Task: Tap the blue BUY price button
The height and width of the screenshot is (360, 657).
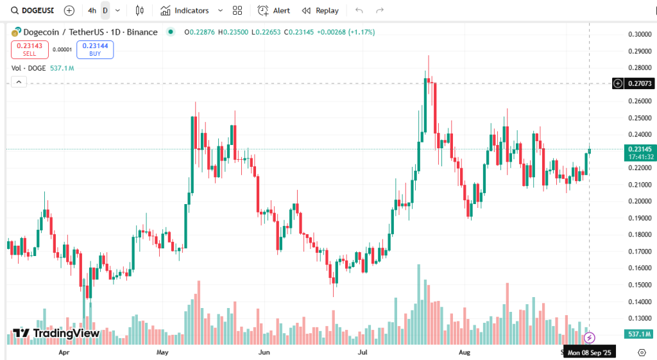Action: tap(95, 49)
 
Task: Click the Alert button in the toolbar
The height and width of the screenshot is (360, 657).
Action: tap(274, 11)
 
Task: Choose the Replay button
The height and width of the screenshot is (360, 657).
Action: tap(320, 11)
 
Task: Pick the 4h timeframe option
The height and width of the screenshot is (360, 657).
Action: tap(92, 11)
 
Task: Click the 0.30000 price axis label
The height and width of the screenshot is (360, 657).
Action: tap(640, 35)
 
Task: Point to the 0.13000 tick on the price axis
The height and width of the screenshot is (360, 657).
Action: tap(640, 318)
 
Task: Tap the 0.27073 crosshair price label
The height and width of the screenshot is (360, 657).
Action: tap(640, 83)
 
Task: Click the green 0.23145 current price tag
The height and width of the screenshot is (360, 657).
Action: tap(640, 149)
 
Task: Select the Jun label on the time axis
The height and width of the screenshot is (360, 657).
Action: tap(264, 352)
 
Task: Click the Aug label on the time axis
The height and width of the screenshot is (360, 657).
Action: tap(465, 352)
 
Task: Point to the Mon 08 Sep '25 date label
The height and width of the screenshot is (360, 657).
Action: tap(589, 352)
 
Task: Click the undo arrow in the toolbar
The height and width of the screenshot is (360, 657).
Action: tap(359, 11)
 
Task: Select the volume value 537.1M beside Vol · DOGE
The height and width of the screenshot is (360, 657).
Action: tap(62, 68)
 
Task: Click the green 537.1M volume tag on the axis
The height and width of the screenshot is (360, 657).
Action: tap(639, 334)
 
